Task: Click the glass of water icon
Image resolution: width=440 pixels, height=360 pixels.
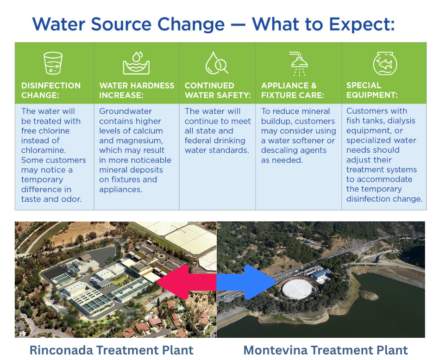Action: (x=53, y=63)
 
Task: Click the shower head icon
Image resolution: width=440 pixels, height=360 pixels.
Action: (x=299, y=63)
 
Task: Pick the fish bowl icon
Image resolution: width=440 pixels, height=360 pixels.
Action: (x=385, y=63)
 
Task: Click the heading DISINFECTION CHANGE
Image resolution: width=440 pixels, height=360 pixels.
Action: (x=51, y=90)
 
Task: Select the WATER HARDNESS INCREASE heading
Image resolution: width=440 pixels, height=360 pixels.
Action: (x=137, y=90)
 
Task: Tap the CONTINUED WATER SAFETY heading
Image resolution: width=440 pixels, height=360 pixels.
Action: (x=217, y=90)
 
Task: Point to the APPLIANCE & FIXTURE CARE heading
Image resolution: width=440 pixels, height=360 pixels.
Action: (x=292, y=90)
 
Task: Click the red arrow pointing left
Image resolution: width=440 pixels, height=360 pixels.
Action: (x=185, y=281)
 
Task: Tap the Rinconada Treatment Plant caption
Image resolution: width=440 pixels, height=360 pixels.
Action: (x=111, y=350)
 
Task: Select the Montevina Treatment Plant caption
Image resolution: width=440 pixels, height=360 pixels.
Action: (x=326, y=350)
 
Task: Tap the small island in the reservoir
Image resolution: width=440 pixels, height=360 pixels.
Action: (x=369, y=295)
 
